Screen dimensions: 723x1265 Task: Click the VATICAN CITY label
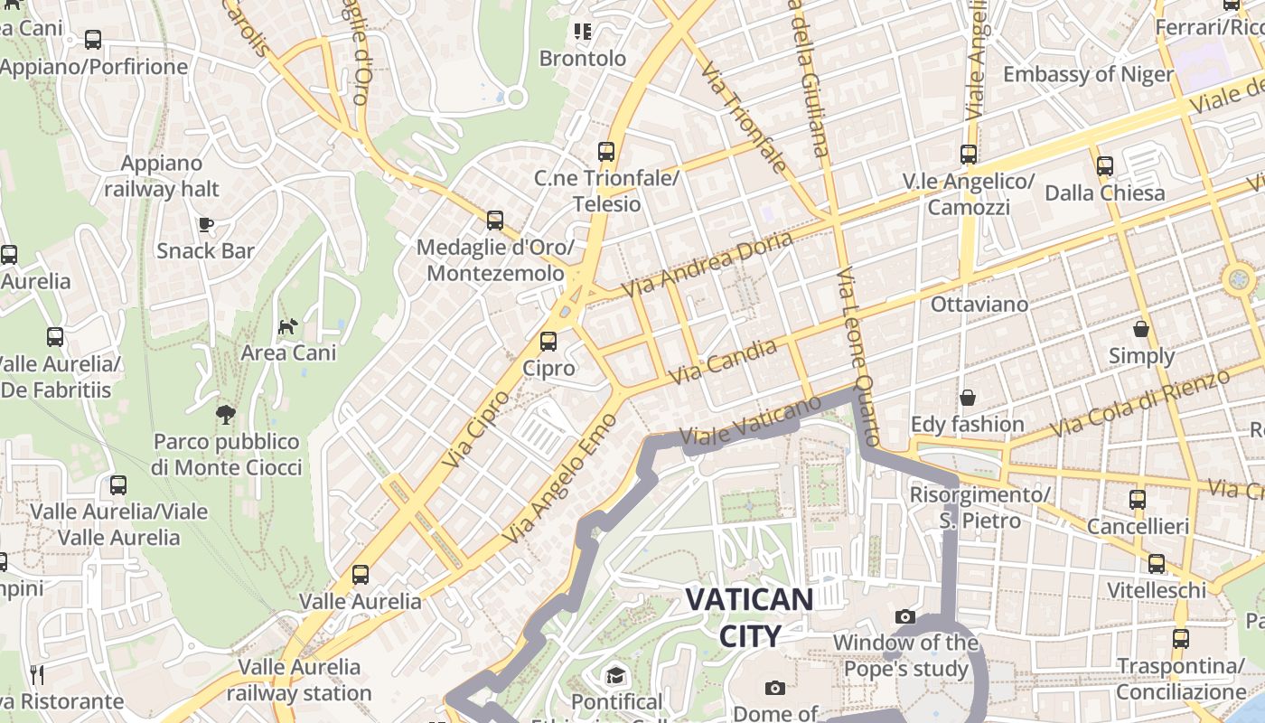pyautogui.click(x=749, y=617)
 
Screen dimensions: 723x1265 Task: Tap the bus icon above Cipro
pyautogui.click(x=548, y=342)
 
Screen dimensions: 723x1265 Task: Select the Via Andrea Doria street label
pyautogui.click(x=707, y=264)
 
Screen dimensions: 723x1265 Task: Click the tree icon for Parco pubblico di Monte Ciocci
pyautogui.click(x=226, y=415)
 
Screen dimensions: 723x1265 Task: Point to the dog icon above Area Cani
pyautogui.click(x=288, y=326)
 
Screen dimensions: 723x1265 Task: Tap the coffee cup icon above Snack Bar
pyautogui.click(x=206, y=224)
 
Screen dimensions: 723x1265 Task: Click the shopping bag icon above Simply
pyautogui.click(x=1141, y=329)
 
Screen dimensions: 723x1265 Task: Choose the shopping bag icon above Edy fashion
pyautogui.click(x=967, y=398)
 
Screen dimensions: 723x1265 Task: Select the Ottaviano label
pyautogui.click(x=979, y=305)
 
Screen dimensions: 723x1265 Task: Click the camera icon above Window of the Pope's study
pyautogui.click(x=905, y=617)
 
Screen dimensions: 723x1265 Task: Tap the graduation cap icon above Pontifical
pyautogui.click(x=616, y=675)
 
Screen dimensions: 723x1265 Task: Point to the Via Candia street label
pyautogui.click(x=723, y=362)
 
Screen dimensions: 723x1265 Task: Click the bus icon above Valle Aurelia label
pyautogui.click(x=361, y=574)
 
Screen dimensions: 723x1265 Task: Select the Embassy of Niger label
pyautogui.click(x=1088, y=74)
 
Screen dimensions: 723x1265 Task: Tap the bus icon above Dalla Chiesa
pyautogui.click(x=1104, y=166)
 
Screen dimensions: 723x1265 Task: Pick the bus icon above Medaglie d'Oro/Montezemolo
pyautogui.click(x=495, y=221)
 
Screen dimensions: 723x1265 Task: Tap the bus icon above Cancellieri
pyautogui.click(x=1138, y=499)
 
